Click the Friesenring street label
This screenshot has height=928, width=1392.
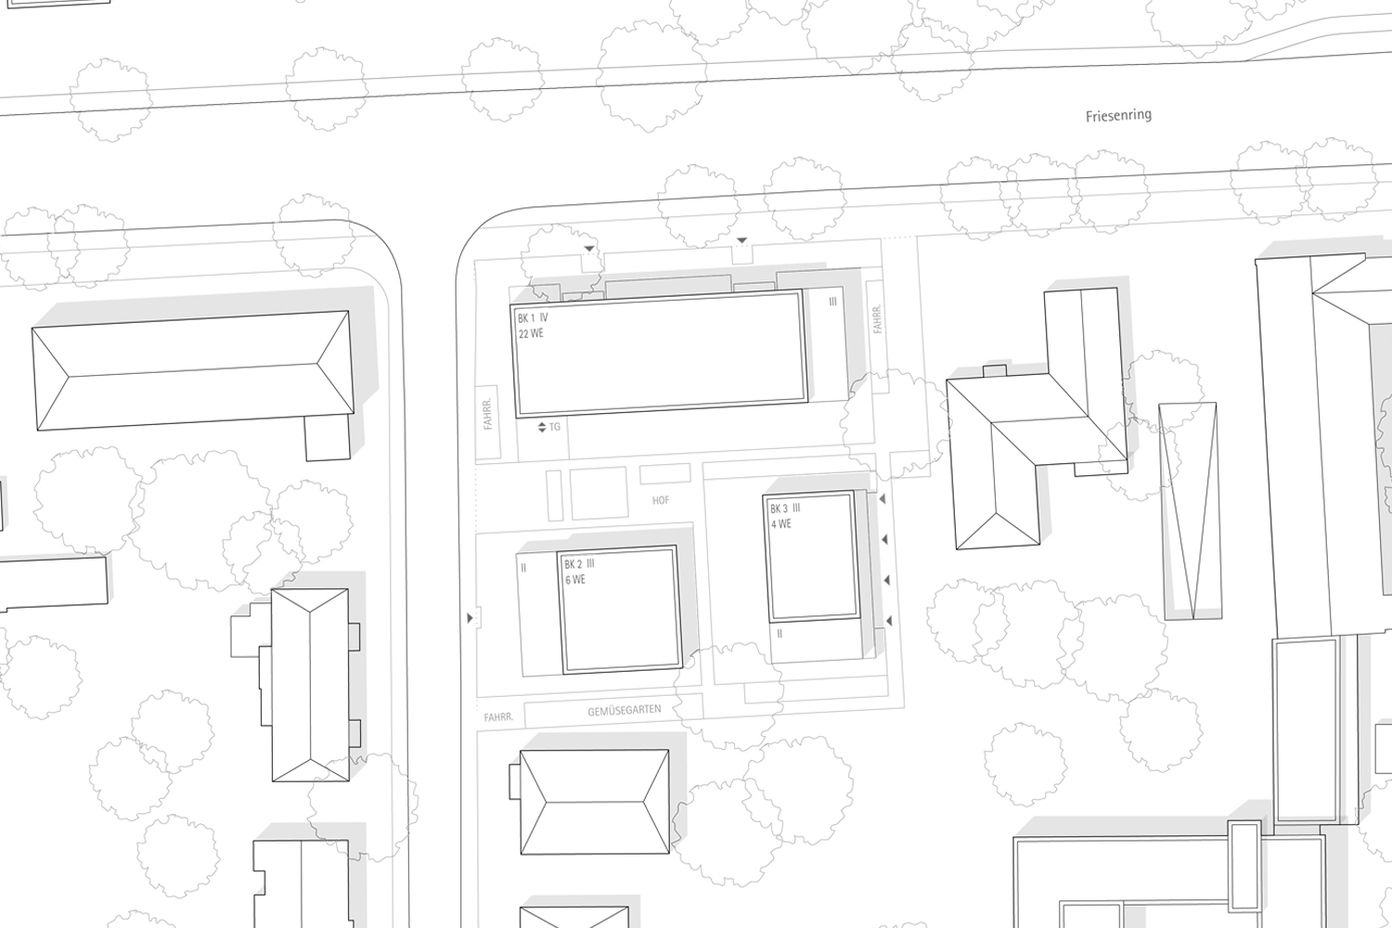(1118, 116)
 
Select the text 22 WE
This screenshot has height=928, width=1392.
(532, 334)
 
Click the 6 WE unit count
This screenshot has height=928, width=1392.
(575, 580)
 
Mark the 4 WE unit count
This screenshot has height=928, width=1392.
(781, 524)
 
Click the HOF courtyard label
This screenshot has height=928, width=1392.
(661, 500)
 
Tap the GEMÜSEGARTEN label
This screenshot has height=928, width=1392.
(625, 711)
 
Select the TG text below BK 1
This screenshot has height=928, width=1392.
(555, 427)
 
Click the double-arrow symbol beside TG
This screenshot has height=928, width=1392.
(542, 427)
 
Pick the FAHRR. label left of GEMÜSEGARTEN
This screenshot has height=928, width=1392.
(499, 717)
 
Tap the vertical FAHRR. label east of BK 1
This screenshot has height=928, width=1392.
(878, 319)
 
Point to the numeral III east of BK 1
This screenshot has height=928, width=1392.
(832, 302)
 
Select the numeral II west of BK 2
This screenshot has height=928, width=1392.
(524, 568)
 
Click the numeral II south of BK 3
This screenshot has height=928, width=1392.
(780, 634)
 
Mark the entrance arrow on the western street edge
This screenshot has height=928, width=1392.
(470, 618)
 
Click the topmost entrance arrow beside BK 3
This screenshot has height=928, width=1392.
(882, 499)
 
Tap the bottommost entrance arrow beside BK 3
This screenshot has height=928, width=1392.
(889, 621)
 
